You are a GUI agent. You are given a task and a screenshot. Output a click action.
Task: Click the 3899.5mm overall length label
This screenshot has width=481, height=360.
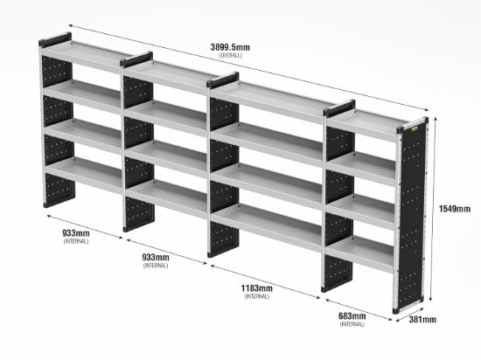point(230,47)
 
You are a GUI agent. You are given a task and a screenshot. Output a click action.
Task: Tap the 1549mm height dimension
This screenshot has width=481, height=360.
point(454,209)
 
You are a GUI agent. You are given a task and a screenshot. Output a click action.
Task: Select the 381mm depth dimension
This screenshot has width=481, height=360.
point(422,320)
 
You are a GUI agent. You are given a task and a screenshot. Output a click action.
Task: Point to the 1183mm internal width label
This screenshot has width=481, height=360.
point(256,288)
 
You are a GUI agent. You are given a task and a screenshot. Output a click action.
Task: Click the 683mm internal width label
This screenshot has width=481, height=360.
point(352,316)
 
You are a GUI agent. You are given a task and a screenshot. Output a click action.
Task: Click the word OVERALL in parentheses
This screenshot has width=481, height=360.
point(230,55)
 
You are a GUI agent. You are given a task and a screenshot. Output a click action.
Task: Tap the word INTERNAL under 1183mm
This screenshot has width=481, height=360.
point(257,296)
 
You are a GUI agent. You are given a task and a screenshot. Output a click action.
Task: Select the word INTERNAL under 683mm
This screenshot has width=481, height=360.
point(352,324)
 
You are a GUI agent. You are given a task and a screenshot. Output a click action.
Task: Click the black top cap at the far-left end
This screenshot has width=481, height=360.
point(55,40)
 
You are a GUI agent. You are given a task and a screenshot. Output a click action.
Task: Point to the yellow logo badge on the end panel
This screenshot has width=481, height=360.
point(415,129)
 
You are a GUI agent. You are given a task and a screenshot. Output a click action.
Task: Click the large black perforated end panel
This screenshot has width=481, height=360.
point(411,214)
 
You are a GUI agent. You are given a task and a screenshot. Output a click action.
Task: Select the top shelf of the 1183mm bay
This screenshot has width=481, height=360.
point(270,99)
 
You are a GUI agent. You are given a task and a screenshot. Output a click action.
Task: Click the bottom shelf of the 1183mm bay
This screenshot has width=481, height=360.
point(267,224)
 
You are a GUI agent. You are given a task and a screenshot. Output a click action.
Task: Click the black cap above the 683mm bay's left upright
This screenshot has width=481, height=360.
point(339,108)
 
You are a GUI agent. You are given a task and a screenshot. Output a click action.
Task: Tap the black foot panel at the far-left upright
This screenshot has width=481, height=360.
point(59,190)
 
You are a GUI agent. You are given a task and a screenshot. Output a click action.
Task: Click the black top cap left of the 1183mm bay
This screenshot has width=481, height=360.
point(223,80)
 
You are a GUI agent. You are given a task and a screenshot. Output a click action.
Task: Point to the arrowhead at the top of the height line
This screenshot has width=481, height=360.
point(435,119)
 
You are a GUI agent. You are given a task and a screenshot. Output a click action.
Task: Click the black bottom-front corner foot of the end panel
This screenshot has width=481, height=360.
point(395,311)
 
